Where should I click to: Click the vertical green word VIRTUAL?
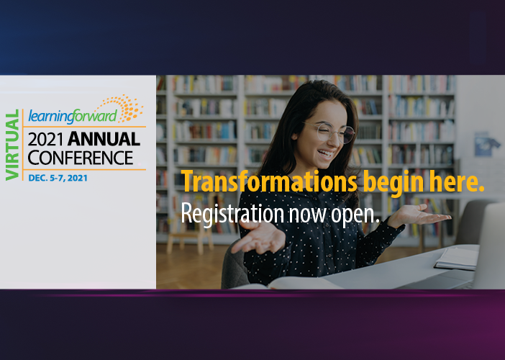click(12, 145)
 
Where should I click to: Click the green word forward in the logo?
click(94, 116)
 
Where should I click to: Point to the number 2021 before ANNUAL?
click(45, 139)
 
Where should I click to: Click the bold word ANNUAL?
click(104, 139)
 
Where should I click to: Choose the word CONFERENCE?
click(80, 158)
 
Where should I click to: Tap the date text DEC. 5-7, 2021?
click(58, 178)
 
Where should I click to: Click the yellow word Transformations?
click(269, 181)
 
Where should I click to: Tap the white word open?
click(355, 215)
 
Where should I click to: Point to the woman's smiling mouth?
click(326, 153)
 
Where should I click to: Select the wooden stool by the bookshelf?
click(190, 231)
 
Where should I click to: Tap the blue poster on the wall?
click(486, 144)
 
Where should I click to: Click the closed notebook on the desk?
click(456, 258)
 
